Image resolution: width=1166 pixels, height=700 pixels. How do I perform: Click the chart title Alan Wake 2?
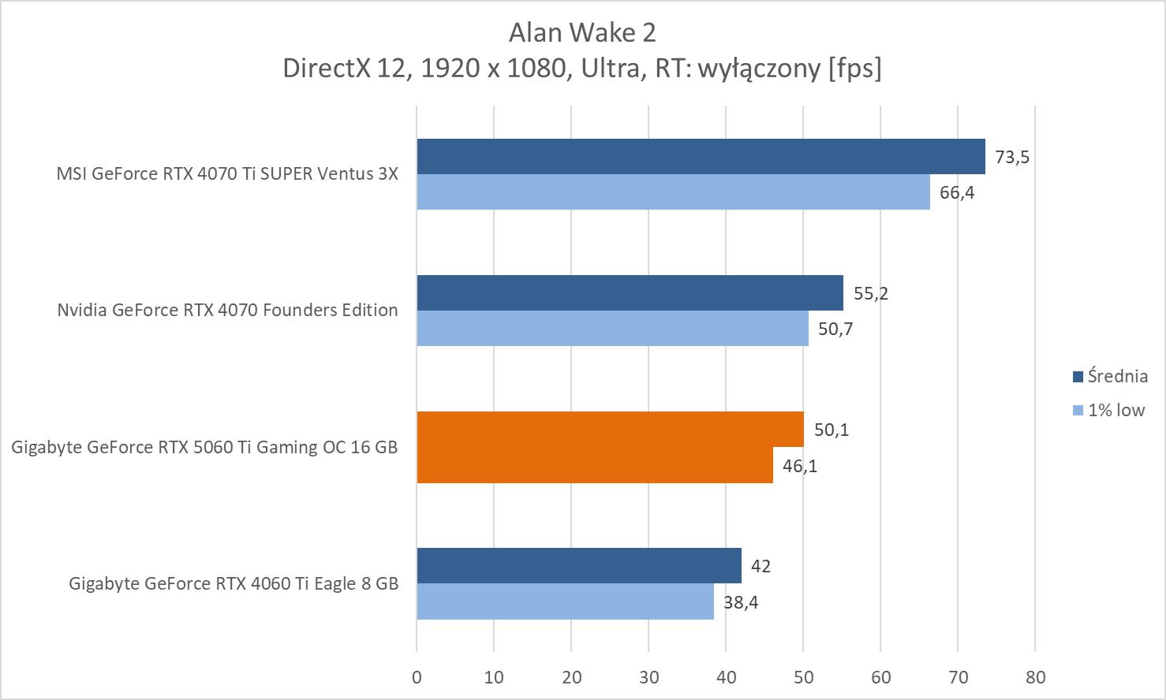pyautogui.click(x=582, y=32)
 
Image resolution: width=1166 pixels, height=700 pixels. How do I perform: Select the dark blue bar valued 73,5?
pyautogui.click(x=701, y=156)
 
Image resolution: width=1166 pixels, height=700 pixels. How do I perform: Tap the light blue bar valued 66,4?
pyautogui.click(x=673, y=192)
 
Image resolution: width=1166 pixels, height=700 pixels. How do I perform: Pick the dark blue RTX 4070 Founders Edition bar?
pyautogui.click(x=630, y=292)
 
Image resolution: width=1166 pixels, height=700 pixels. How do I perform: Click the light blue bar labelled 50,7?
pyautogui.click(x=612, y=328)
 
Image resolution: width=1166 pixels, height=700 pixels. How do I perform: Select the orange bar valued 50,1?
pyautogui.click(x=610, y=429)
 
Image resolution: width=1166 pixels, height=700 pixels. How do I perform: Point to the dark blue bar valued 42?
pyautogui.click(x=579, y=565)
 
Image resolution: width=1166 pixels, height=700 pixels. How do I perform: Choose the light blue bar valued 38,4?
pyautogui.click(x=565, y=601)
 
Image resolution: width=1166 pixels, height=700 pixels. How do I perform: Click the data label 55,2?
pyautogui.click(x=871, y=293)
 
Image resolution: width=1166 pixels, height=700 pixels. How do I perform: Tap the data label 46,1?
pyautogui.click(x=800, y=466)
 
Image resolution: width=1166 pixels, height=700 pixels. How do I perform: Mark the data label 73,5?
pyautogui.click(x=1012, y=157)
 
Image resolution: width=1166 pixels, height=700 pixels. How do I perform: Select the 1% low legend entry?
pyautogui.click(x=1116, y=410)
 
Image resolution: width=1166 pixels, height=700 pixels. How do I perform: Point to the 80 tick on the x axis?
pyautogui.click(x=1035, y=677)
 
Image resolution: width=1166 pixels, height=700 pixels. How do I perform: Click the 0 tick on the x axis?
pyautogui.click(x=417, y=677)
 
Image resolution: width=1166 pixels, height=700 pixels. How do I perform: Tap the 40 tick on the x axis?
pyautogui.click(x=726, y=677)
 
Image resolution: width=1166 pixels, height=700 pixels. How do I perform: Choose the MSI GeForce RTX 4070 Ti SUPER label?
pyautogui.click(x=227, y=173)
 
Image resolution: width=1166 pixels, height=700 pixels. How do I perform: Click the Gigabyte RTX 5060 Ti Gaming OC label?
pyautogui.click(x=204, y=447)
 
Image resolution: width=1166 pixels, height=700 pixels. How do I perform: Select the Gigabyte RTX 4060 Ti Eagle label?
pyautogui.click(x=234, y=583)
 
